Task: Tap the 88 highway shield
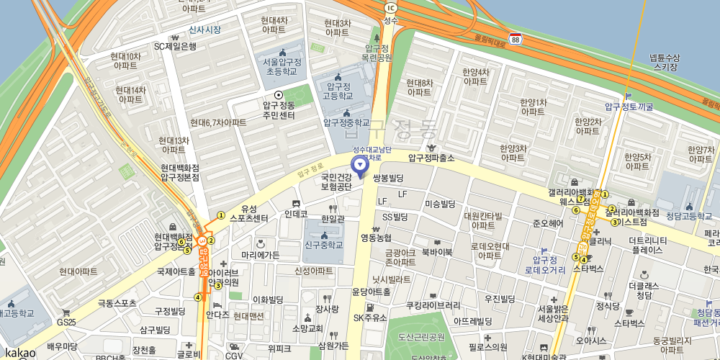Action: pos(516,39)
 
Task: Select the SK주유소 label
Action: pos(370,318)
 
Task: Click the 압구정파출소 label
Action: pos(431,158)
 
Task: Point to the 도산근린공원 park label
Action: pos(421,337)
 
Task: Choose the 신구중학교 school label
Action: pos(323,245)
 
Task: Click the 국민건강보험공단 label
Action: pos(336,181)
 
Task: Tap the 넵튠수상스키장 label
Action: pos(664,62)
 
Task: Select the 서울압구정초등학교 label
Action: pos(282,67)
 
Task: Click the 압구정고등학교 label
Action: pos(337,91)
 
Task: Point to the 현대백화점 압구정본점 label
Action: pos(180,172)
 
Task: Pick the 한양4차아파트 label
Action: pos(475,76)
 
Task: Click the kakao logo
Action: pos(20,352)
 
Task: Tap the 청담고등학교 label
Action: pos(683,216)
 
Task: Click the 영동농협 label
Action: pos(376,238)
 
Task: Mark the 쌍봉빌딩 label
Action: pos(389,178)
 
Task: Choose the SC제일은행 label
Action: pos(175,47)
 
